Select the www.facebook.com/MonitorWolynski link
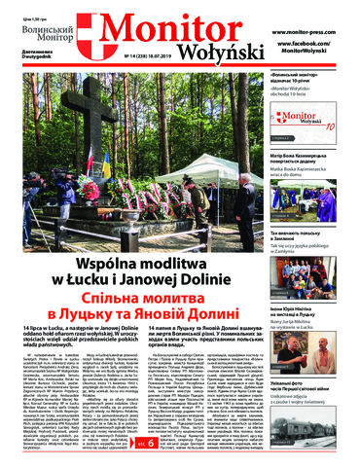coord(307,47)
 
